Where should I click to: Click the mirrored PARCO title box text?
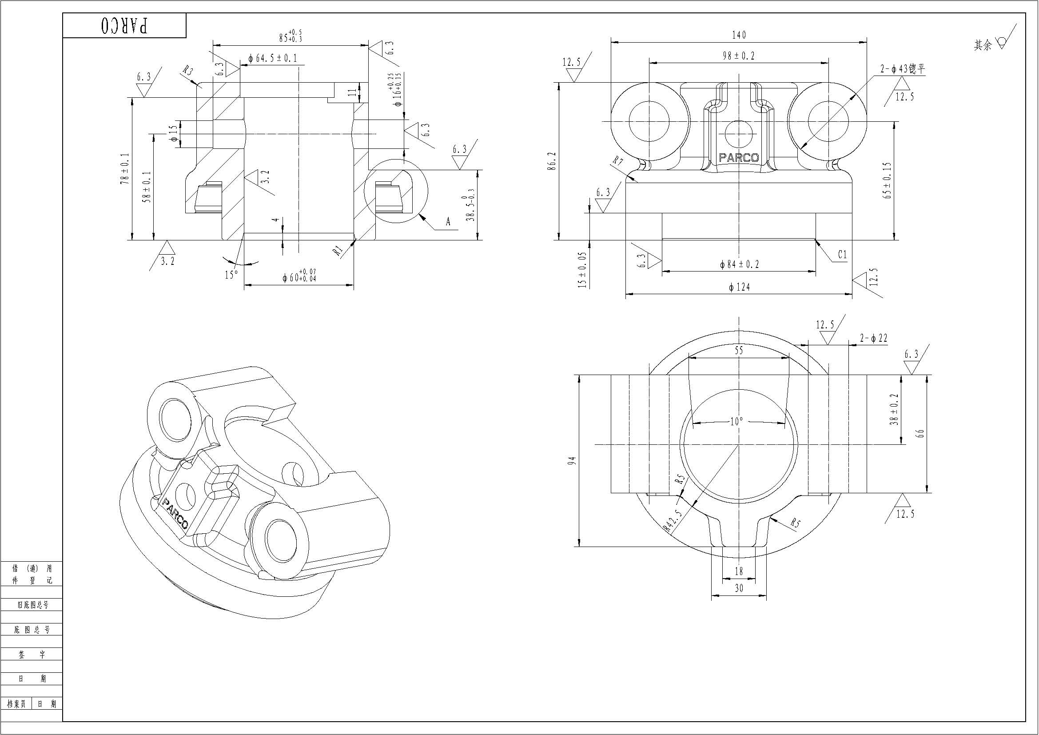pos(124,26)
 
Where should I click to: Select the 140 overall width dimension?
pos(739,35)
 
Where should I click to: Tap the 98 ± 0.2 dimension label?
pos(739,56)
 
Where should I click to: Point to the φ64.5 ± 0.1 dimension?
pos(272,58)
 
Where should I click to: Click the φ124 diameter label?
pos(739,287)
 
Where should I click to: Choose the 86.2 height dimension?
pos(551,161)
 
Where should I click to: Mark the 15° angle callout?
pos(231,275)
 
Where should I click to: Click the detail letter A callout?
pos(448,222)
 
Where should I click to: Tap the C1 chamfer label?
pos(842,255)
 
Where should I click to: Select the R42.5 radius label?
pos(672,520)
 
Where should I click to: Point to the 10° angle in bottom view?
pos(736,422)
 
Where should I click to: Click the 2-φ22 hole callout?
pos(873,338)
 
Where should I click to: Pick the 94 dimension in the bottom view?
pos(573,461)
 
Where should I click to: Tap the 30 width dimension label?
pos(739,588)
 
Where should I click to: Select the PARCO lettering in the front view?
pos(739,158)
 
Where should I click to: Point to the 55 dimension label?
pos(739,350)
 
